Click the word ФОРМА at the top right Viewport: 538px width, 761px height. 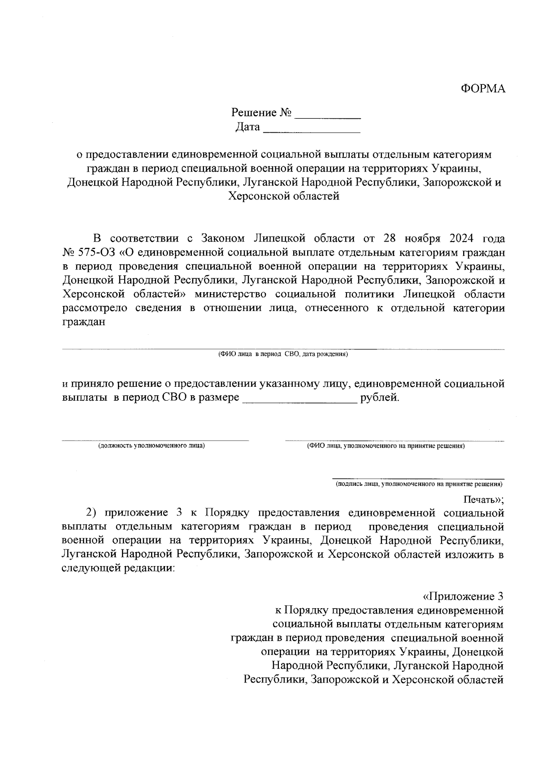pyautogui.click(x=483, y=89)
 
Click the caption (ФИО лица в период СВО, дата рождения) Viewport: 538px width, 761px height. pyautogui.click(x=283, y=354)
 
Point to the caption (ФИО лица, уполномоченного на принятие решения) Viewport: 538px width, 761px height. pyautogui.click(x=386, y=446)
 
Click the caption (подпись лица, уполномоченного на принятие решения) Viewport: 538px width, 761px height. pyautogui.click(x=419, y=484)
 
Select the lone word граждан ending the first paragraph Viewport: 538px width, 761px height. pyautogui.click(x=83, y=322)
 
